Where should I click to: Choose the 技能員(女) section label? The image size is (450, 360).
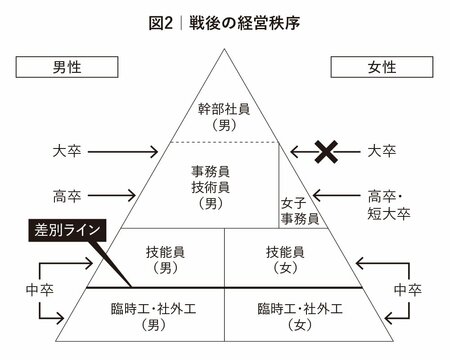pos(280,260)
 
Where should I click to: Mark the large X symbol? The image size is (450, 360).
pos(325,152)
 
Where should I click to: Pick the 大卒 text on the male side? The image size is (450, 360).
pos(68,152)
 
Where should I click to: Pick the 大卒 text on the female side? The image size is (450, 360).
pos(382,152)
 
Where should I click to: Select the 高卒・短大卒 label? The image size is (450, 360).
pos(382,205)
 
